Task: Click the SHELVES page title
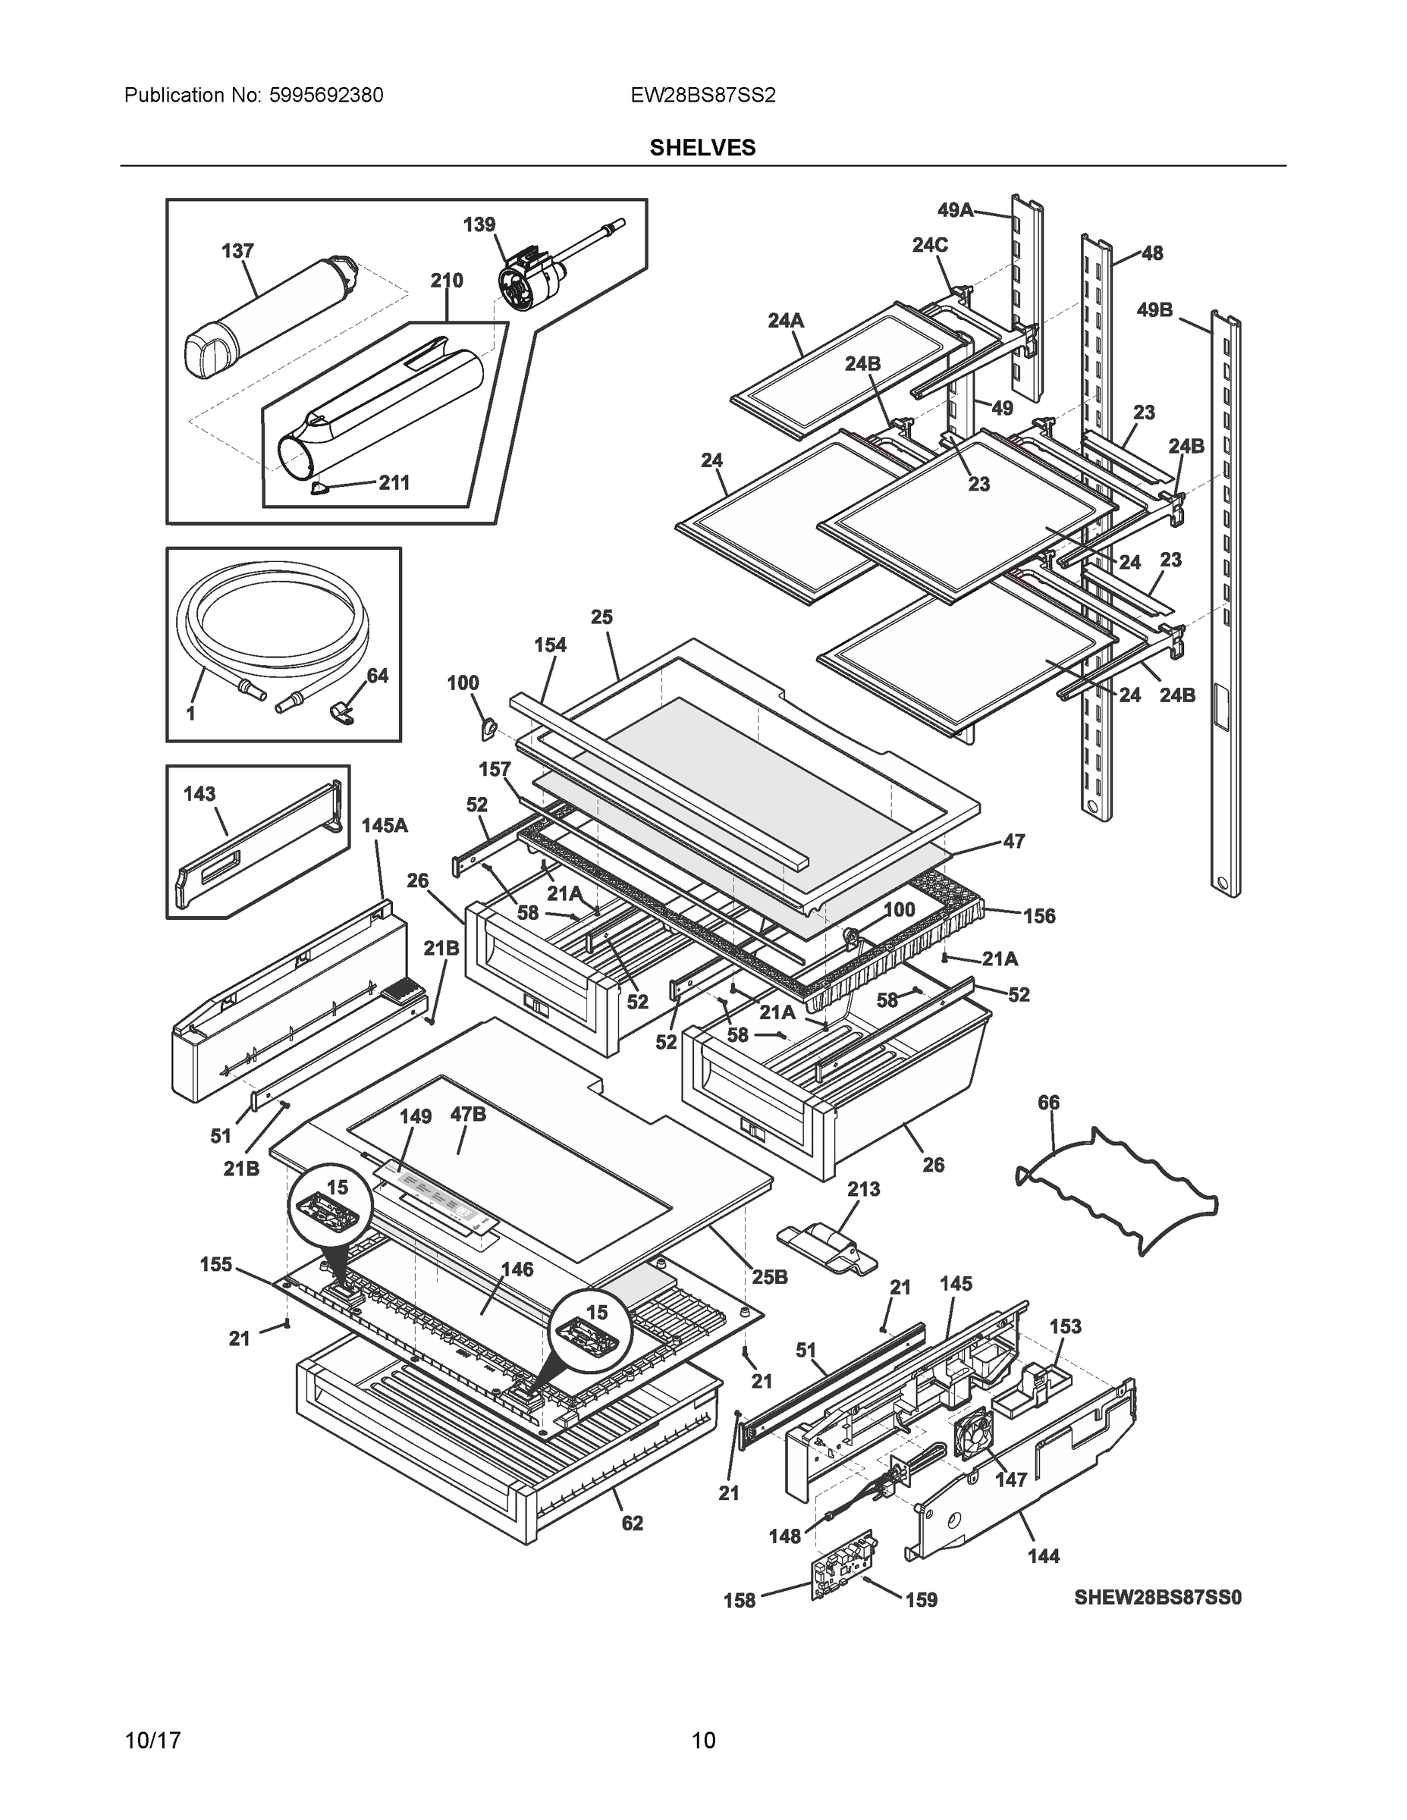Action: point(702,148)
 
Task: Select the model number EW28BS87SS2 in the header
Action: point(702,95)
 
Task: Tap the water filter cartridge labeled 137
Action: point(267,317)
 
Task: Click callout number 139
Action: point(479,224)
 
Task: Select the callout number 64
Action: point(377,676)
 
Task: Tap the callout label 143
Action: point(199,794)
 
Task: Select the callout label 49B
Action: point(1154,310)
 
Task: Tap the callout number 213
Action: point(862,1188)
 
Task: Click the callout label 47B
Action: point(468,1114)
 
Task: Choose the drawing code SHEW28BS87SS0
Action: point(1157,1598)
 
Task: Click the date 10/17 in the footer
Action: point(152,1741)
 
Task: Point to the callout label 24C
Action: point(929,245)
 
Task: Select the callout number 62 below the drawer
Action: point(632,1523)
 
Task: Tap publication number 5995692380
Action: point(326,95)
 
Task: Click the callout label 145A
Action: point(385,826)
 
